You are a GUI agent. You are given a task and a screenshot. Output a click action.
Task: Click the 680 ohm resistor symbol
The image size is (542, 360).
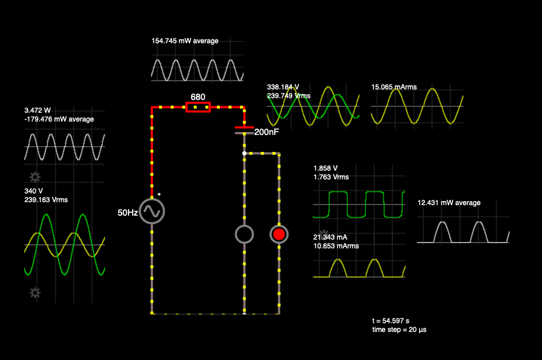click(198, 107)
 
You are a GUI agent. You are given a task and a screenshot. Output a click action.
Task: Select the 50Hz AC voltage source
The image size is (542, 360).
click(152, 212)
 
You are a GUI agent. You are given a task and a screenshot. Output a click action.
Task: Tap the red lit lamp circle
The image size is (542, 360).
click(279, 234)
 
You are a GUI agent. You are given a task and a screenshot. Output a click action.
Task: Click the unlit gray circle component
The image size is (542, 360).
click(244, 234)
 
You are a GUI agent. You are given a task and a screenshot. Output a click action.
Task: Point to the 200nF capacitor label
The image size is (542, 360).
click(266, 132)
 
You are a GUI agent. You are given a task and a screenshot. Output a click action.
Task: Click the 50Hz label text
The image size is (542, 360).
click(127, 213)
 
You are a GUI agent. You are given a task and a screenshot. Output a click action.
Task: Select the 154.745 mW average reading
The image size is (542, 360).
click(185, 41)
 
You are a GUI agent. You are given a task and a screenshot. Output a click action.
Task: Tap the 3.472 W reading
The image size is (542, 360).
click(37, 110)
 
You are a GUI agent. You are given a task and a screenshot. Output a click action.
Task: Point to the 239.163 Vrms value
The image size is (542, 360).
click(46, 200)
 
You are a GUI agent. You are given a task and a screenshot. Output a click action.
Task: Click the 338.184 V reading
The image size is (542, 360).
click(283, 87)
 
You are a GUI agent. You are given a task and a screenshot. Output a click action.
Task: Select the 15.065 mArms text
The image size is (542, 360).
click(394, 87)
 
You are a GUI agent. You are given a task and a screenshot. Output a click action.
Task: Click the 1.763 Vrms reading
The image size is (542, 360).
click(331, 177)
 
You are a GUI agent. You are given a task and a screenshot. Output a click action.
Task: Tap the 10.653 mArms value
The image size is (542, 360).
click(336, 246)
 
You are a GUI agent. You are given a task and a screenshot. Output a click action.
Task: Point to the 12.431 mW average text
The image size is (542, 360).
click(449, 203)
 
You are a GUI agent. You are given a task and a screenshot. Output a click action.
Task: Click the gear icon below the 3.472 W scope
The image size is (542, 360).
click(35, 176)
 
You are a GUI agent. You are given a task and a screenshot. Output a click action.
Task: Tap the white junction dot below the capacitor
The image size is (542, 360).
click(244, 153)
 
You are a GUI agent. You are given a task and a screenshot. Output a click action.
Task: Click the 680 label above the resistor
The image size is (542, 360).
click(198, 96)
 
